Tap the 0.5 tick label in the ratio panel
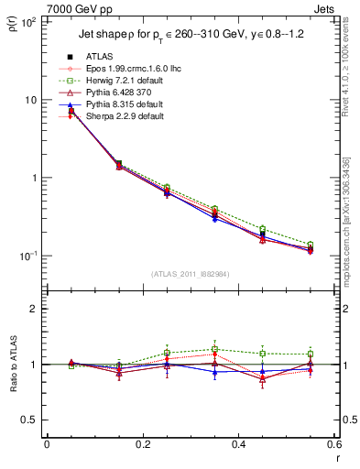[30, 420]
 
